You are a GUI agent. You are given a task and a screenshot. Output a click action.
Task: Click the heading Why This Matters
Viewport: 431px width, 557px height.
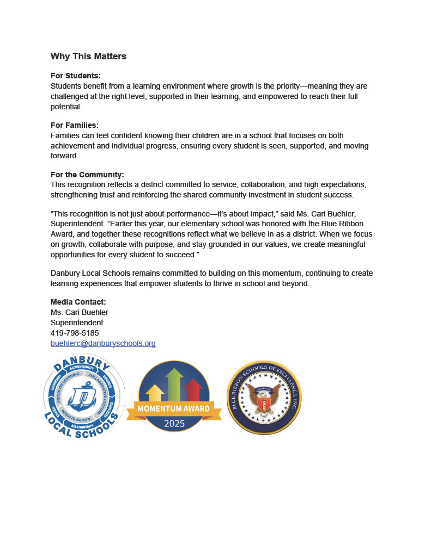click(88, 57)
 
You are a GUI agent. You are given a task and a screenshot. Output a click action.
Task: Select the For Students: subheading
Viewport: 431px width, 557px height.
click(76, 76)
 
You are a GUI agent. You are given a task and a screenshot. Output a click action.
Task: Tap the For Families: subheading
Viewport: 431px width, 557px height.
click(75, 125)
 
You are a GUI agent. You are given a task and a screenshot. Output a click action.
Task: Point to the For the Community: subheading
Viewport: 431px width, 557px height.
click(87, 175)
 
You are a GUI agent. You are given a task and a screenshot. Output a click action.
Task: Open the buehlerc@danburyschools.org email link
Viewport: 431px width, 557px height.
click(103, 343)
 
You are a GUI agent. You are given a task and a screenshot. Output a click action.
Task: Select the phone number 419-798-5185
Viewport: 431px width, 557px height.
click(75, 333)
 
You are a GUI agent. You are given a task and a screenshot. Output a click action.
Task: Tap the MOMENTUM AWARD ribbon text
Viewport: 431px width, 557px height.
click(174, 408)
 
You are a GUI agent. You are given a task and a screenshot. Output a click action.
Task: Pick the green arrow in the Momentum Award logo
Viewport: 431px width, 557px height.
click(174, 383)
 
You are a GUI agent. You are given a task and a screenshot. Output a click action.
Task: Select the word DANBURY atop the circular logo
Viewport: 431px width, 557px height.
click(83, 363)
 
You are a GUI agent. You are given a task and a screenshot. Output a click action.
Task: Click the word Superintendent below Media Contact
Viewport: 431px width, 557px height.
click(77, 323)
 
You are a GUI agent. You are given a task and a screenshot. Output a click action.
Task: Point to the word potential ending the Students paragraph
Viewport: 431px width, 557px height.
click(65, 107)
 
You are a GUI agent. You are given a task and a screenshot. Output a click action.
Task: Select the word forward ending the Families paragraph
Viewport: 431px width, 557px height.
click(64, 156)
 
